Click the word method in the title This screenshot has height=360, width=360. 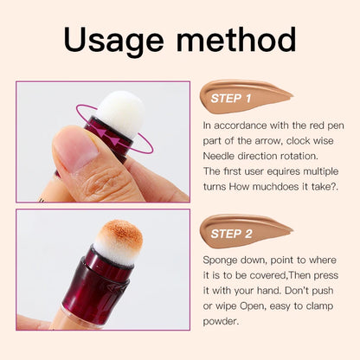coord(233,40)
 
